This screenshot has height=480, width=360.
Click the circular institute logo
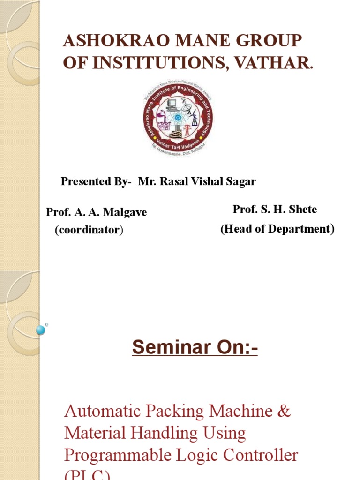click(178, 117)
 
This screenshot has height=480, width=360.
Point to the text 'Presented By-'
click(97, 182)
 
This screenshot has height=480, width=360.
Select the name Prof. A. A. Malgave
click(96, 212)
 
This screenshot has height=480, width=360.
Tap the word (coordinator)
click(89, 231)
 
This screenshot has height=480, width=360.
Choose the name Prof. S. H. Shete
click(275, 210)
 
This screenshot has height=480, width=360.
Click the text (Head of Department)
click(277, 229)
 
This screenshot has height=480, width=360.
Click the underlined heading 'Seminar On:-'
click(195, 348)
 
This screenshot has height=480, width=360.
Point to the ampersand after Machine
click(285, 412)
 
